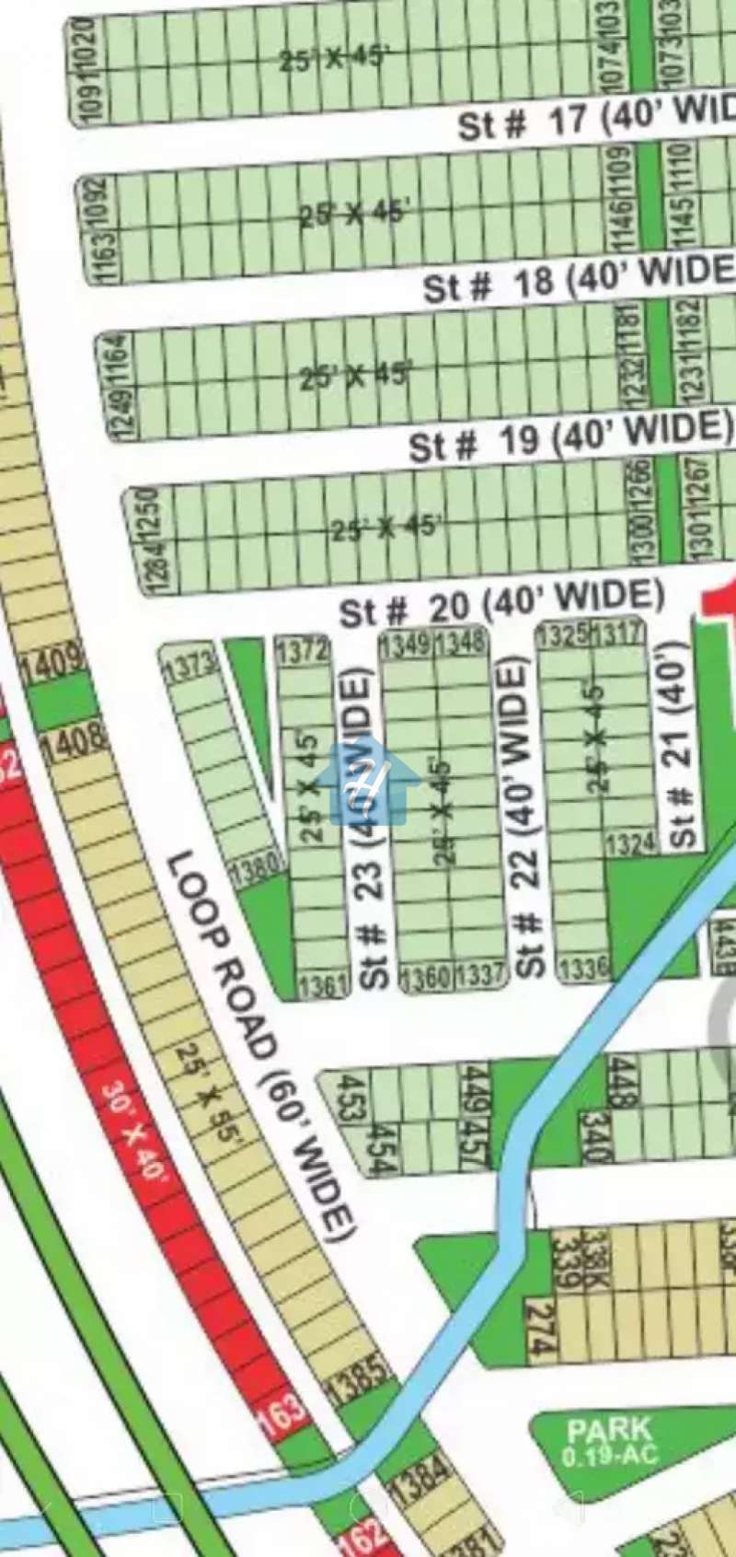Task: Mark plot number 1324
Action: point(631,842)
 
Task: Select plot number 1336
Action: point(584,967)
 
